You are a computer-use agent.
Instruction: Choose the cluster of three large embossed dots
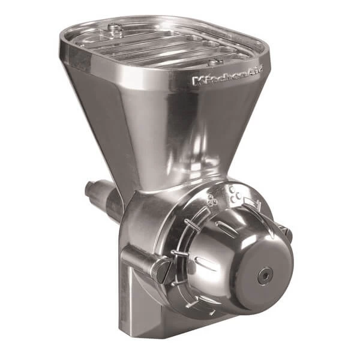point(233,192)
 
